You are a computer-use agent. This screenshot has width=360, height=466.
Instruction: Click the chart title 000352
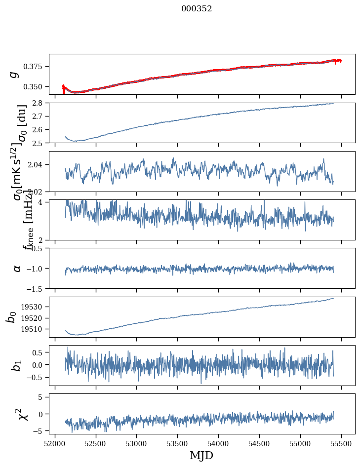click(197, 9)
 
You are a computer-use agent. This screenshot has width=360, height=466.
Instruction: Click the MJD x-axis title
click(201, 455)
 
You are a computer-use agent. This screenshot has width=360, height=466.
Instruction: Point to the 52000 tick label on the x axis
click(55, 443)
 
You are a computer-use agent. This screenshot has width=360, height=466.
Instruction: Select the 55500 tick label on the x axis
click(342, 443)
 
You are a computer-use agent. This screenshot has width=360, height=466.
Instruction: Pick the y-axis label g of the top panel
click(15, 74)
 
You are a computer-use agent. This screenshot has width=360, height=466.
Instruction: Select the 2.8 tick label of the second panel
click(40, 103)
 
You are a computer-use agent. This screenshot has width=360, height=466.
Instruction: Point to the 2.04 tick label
click(39, 165)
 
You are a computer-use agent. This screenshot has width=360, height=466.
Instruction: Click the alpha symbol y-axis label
click(17, 268)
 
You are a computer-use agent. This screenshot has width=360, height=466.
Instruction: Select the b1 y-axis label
click(17, 365)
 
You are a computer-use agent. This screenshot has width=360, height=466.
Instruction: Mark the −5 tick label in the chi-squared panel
click(40, 431)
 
